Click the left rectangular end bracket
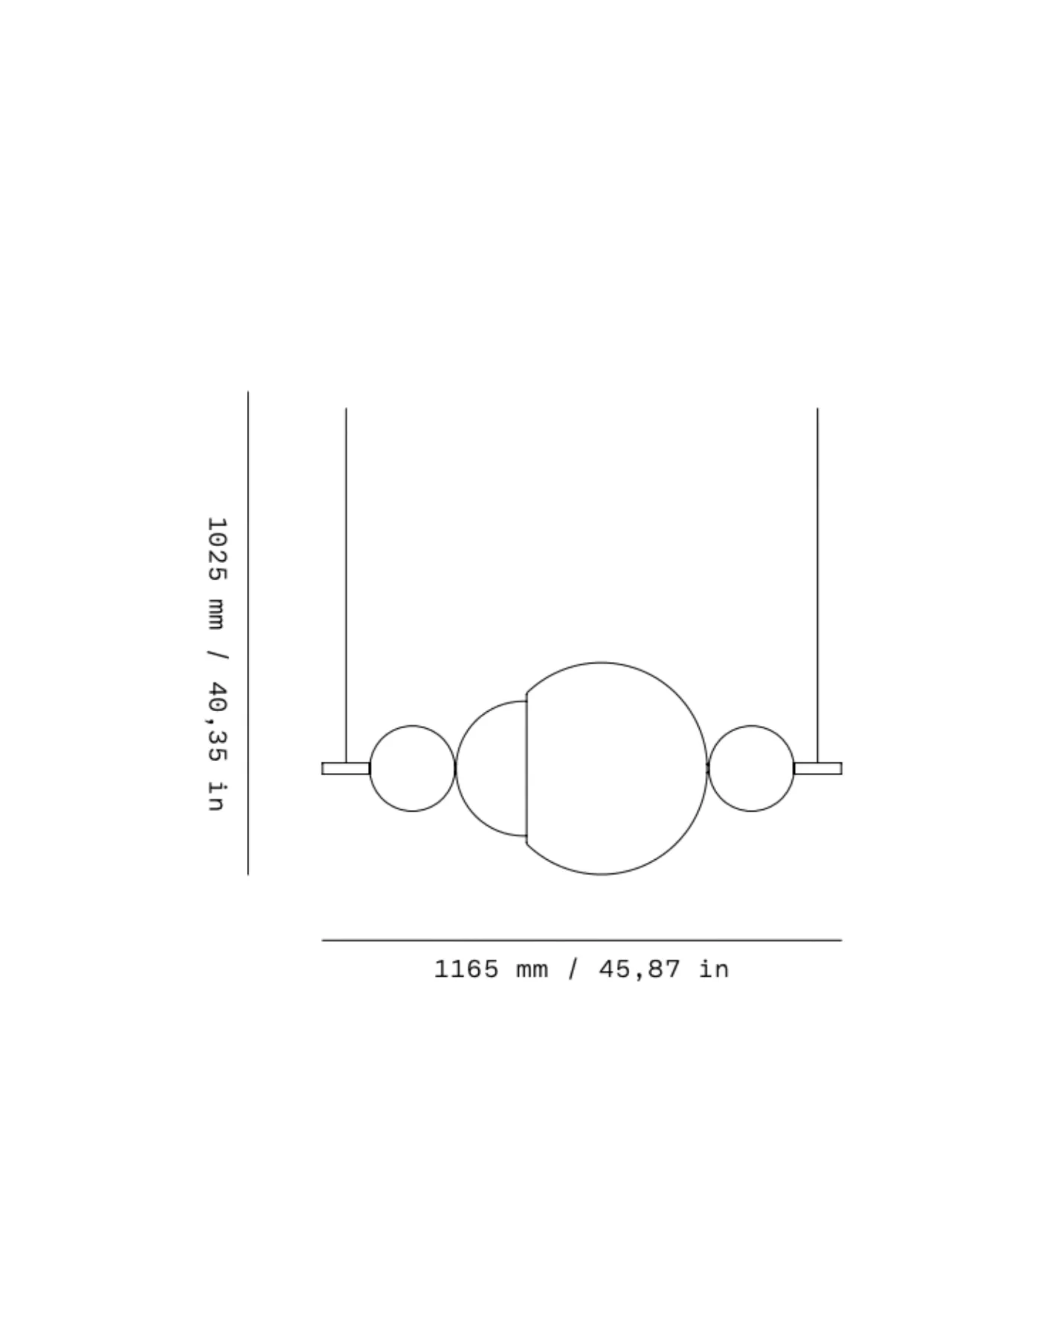point(346,768)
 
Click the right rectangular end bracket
point(818,768)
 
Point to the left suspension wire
point(346,585)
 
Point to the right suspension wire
point(818,585)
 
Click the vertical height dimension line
point(248,633)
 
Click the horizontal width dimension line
point(581,940)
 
